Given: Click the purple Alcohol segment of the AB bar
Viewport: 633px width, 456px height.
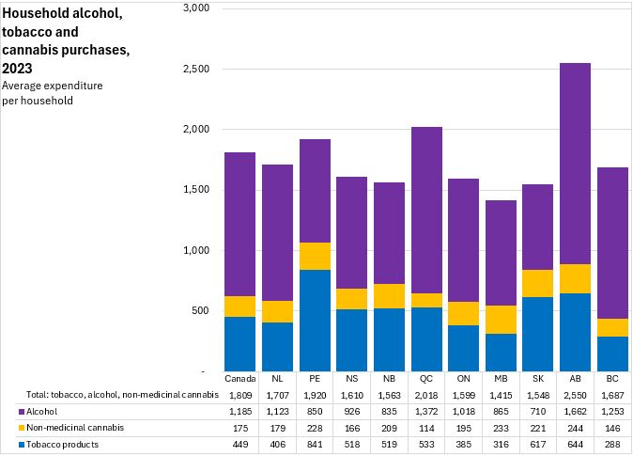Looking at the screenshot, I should pos(575,164).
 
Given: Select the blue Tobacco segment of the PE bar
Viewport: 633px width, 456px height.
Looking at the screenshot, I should pos(315,321).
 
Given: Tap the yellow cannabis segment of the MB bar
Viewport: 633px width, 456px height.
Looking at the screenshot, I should pos(501,320).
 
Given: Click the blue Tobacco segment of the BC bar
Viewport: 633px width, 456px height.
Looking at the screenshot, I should pos(612,354).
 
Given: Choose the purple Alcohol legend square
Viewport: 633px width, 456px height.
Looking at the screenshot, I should pos(22,411).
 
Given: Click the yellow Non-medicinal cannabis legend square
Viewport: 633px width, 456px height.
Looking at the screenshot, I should pos(22,428).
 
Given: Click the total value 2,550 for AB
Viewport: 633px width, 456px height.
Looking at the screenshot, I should pos(575,395).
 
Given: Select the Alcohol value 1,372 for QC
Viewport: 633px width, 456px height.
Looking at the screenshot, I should pos(426,411).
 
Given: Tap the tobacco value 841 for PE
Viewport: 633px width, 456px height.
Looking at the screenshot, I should pos(315,445).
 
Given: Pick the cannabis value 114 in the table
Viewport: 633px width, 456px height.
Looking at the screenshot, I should pos(426,428).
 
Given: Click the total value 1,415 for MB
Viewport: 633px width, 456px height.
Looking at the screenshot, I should pos(501,395).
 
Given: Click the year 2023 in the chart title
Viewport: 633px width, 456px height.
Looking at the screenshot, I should pos(17,68).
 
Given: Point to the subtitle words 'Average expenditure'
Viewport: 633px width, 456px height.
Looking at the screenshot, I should pos(53,86).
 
